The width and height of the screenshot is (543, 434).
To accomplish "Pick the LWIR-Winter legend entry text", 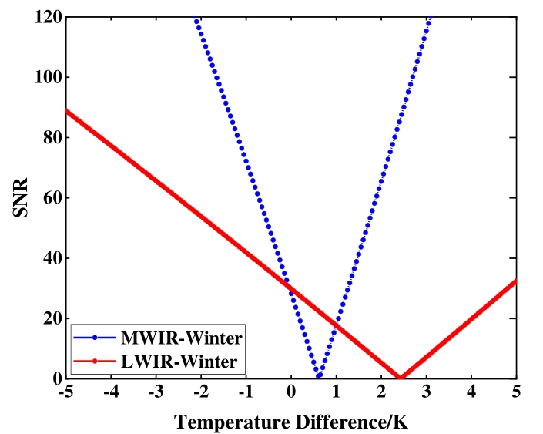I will [x=178, y=360].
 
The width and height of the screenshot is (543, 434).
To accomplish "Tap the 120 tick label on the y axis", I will [x=47, y=16].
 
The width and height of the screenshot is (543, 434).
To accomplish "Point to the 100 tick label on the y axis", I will [x=47, y=77].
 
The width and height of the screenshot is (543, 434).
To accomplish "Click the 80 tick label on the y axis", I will [x=51, y=137].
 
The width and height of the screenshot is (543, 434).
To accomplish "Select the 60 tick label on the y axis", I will [x=51, y=197].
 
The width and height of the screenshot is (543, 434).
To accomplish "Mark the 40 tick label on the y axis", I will [x=51, y=257].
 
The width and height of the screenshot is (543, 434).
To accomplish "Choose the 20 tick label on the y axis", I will [x=51, y=318].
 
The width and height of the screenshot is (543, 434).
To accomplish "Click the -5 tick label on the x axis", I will [x=65, y=392].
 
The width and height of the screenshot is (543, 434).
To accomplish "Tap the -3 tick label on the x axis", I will [x=155, y=392].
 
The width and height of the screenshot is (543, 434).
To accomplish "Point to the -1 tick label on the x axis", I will [x=245, y=392].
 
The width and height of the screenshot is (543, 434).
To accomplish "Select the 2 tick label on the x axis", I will [x=381, y=392].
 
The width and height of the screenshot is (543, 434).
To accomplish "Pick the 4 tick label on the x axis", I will [x=471, y=392].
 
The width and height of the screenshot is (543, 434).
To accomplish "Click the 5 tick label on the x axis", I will [x=516, y=392].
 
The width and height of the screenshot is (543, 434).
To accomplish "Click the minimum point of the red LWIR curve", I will [x=401, y=377].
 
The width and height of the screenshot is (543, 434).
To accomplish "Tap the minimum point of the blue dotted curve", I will [x=319, y=375].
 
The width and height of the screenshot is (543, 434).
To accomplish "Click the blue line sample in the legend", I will [x=93, y=338].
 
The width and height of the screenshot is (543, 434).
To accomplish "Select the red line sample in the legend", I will [x=93, y=360].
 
